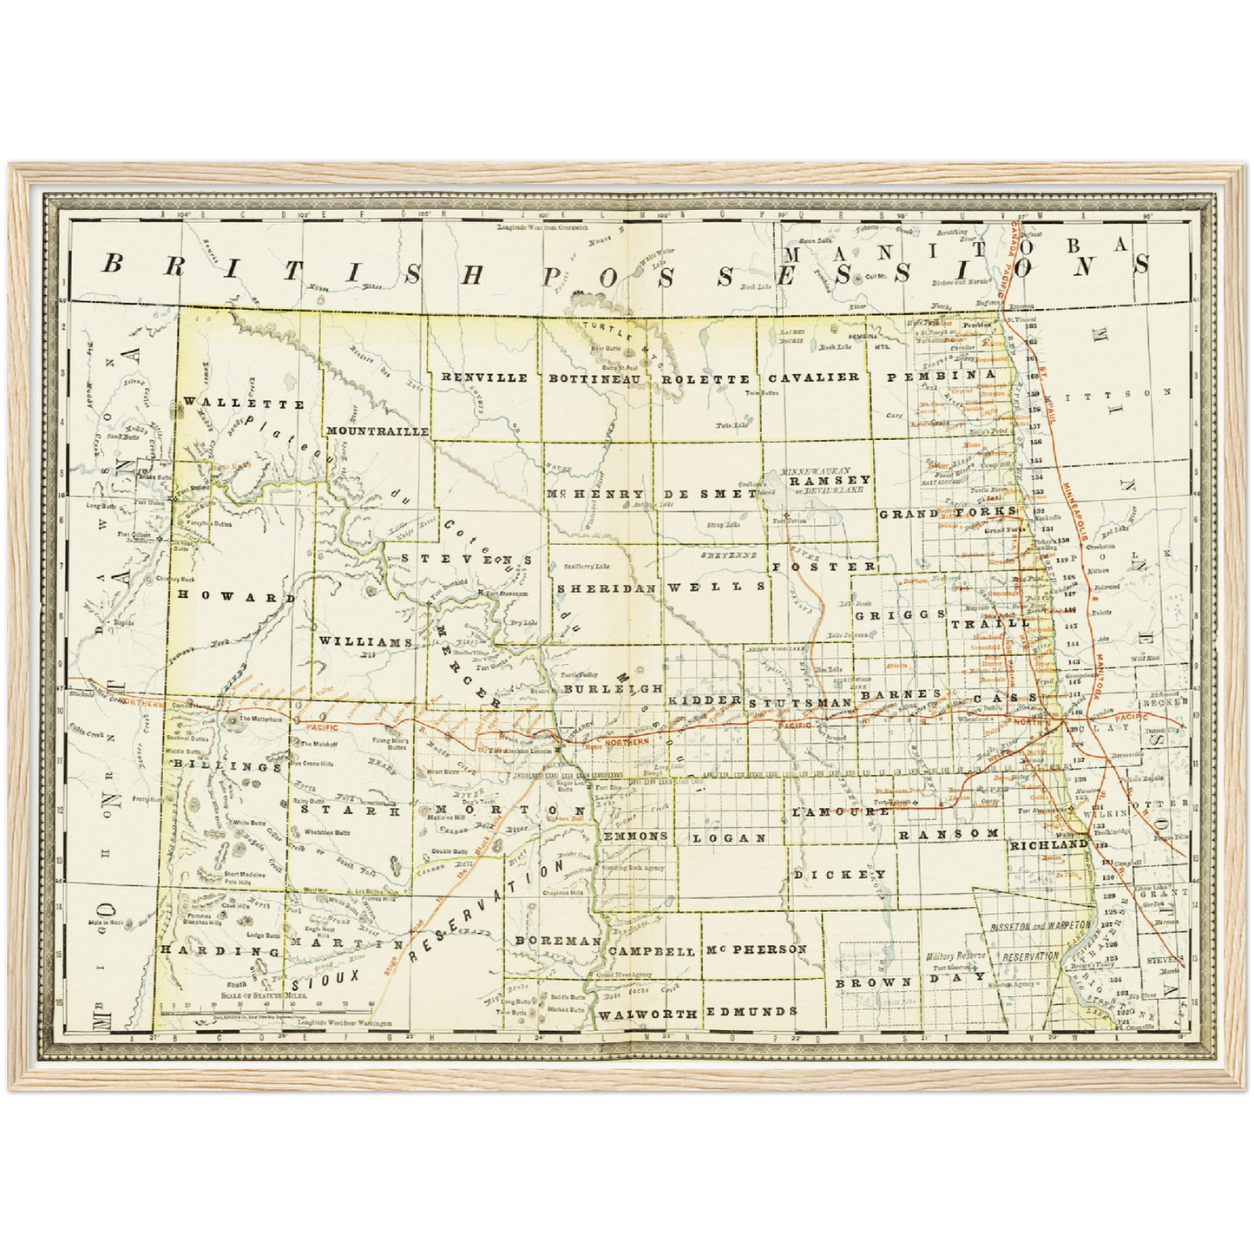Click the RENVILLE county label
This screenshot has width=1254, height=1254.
(x=484, y=378)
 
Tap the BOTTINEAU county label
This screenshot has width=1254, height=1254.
(x=594, y=378)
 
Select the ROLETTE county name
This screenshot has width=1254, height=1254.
(x=705, y=379)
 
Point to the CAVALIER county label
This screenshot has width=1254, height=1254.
(x=813, y=377)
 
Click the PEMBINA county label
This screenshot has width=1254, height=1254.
(x=940, y=374)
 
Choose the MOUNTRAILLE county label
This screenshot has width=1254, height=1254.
(x=377, y=430)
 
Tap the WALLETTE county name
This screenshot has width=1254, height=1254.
(x=244, y=404)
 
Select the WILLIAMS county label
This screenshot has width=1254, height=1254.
(x=364, y=641)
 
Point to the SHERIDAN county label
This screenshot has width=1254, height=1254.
(x=606, y=588)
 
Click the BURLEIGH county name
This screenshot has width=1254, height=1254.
(x=613, y=688)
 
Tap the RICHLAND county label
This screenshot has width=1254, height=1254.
(x=1047, y=844)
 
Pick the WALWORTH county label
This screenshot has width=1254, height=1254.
(x=647, y=1014)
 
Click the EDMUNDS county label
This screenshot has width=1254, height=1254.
(x=751, y=1012)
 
